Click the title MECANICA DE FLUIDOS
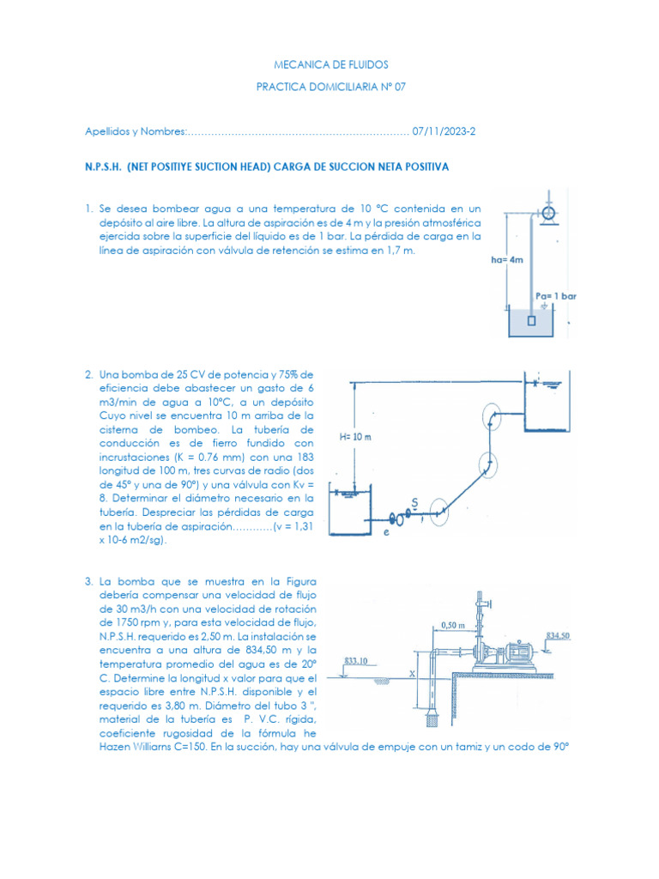pyautogui.click(x=329, y=64)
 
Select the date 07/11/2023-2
pyautogui.click(x=444, y=131)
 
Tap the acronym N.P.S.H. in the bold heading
pyautogui.click(x=103, y=167)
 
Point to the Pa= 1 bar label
pyautogui.click(x=555, y=295)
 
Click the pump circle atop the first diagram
pyautogui.click(x=547, y=212)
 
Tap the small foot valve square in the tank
pyautogui.click(x=532, y=321)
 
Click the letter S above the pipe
pyautogui.click(x=414, y=500)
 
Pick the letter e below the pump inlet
pyautogui.click(x=385, y=532)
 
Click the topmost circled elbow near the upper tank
pyautogui.click(x=491, y=415)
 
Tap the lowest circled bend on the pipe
pyautogui.click(x=440, y=512)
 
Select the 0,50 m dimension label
pyautogui.click(x=452, y=625)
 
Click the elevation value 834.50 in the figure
pyautogui.click(x=559, y=636)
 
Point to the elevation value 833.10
pyautogui.click(x=357, y=661)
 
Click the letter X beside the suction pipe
pyautogui.click(x=412, y=675)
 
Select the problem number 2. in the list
pyautogui.click(x=89, y=374)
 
